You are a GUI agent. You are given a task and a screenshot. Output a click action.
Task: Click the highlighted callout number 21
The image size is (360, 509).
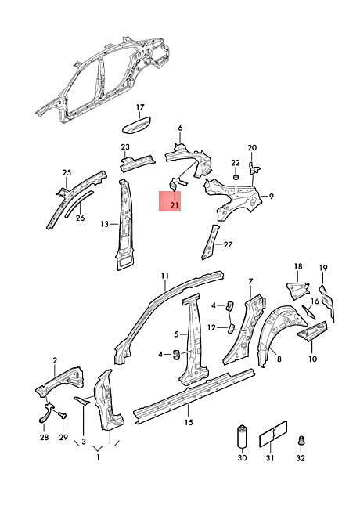click(175, 205)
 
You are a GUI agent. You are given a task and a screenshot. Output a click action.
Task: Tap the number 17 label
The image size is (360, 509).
click(140, 107)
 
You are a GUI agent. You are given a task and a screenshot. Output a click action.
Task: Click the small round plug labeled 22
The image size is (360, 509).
click(236, 178)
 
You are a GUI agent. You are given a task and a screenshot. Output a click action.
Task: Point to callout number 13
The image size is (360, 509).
click(104, 224)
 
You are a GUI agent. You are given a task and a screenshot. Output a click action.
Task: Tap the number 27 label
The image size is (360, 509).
click(228, 244)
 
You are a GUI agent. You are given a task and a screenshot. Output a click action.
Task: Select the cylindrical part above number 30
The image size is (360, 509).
click(242, 436)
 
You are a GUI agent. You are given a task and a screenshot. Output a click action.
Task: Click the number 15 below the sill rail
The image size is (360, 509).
click(189, 422)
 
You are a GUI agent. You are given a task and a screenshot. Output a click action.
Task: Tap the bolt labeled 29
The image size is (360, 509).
click(62, 414)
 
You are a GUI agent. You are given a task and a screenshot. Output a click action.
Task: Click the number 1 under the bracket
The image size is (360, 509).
click(98, 458)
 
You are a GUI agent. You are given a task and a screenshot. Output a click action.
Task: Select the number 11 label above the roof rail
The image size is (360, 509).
click(165, 276)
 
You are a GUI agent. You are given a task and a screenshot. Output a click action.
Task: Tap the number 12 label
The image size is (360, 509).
click(211, 328)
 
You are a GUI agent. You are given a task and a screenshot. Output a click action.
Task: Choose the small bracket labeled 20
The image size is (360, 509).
click(254, 166)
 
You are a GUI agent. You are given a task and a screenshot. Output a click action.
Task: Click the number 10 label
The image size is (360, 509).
click(312, 359)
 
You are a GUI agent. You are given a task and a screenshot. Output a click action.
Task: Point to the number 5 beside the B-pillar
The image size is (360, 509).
click(176, 334)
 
